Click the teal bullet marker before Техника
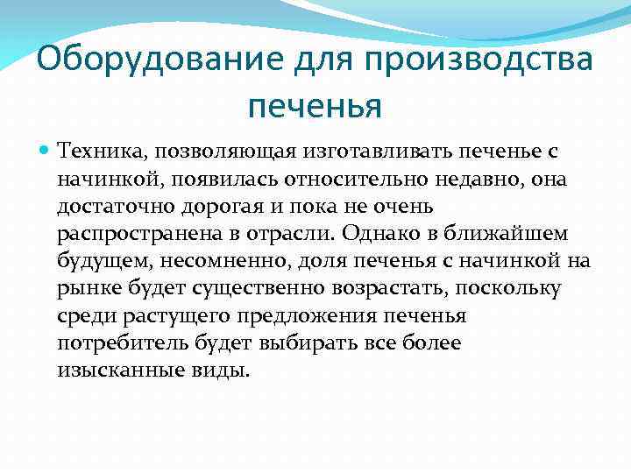click(x=46, y=152)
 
